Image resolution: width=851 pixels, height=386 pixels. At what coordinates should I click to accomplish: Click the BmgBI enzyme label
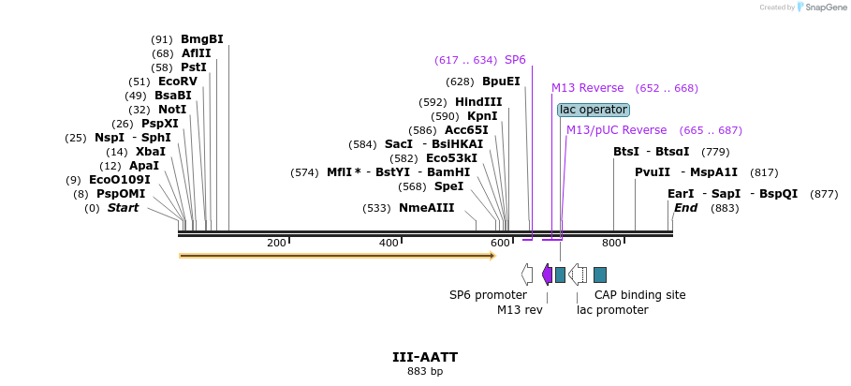(x=202, y=39)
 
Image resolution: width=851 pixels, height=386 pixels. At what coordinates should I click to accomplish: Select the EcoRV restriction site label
(x=178, y=82)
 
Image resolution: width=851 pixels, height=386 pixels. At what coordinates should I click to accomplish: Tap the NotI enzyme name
(x=172, y=110)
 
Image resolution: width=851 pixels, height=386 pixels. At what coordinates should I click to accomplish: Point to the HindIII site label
(x=478, y=102)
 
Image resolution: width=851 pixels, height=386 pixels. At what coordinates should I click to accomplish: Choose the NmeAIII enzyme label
(x=426, y=208)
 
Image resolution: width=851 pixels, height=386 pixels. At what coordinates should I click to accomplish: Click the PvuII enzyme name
(x=653, y=172)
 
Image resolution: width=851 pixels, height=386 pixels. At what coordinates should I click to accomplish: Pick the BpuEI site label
(x=501, y=82)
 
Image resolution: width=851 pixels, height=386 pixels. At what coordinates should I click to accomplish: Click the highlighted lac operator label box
(x=594, y=110)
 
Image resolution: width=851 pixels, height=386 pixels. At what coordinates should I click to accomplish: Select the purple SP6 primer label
(x=515, y=60)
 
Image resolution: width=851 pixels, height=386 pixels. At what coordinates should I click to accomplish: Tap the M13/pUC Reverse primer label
(x=616, y=130)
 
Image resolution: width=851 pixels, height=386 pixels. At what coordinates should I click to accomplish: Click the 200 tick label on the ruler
(x=276, y=244)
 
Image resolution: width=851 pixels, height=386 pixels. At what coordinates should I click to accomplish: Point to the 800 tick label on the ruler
(x=611, y=244)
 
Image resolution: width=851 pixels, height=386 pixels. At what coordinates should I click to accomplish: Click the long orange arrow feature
(x=337, y=255)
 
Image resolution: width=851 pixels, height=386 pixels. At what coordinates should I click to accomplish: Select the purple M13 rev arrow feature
(x=547, y=274)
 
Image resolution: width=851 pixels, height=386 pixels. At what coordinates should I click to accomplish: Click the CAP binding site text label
(x=639, y=295)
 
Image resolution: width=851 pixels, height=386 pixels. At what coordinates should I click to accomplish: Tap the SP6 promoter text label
(x=488, y=295)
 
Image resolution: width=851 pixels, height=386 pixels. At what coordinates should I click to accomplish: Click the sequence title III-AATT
(x=425, y=357)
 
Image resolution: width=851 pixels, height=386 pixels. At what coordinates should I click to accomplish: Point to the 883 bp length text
(x=425, y=372)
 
